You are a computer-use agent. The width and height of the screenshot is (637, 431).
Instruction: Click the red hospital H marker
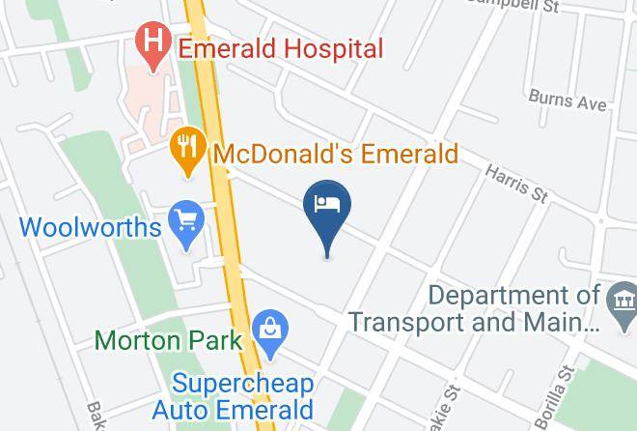[x=152, y=44]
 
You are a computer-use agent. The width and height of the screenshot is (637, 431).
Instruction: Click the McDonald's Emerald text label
[x=335, y=155]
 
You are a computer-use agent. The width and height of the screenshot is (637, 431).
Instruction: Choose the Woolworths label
[x=90, y=228]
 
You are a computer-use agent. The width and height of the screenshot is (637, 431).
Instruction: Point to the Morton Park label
[x=164, y=340]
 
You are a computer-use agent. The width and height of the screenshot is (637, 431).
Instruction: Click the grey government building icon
[x=620, y=302]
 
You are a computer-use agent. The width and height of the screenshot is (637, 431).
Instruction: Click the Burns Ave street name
[x=568, y=101]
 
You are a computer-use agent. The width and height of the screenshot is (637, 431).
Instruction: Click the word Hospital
[x=330, y=48]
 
